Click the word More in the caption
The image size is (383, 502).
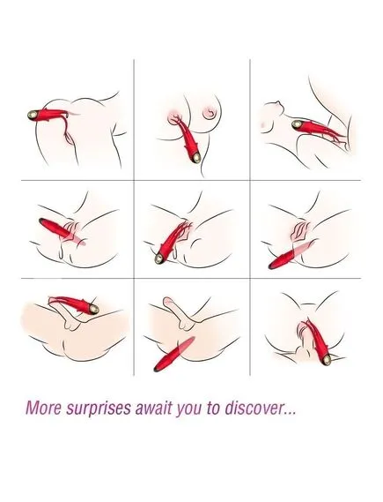pyautogui.click(x=43, y=408)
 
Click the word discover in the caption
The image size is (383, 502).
pyautogui.click(x=254, y=408)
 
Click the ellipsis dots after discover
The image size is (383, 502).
pyautogui.click(x=290, y=413)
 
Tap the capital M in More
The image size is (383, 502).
pyautogui.click(x=33, y=408)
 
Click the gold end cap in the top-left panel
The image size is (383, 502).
pyautogui.click(x=33, y=115)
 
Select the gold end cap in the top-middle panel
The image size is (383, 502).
pyautogui.click(x=196, y=157)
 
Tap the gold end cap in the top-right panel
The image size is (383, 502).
pyautogui.click(x=297, y=125)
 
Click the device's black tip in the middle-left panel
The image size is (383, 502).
pyautogui.click(x=41, y=221)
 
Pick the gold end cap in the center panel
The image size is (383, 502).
pyautogui.click(x=159, y=258)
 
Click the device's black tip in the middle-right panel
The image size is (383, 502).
pyautogui.click(x=272, y=266)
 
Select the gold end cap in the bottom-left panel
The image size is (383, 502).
pyautogui.click(x=93, y=309)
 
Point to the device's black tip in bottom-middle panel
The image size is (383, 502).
pyautogui.click(x=157, y=369)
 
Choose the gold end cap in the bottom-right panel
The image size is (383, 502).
pyautogui.click(x=327, y=360)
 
